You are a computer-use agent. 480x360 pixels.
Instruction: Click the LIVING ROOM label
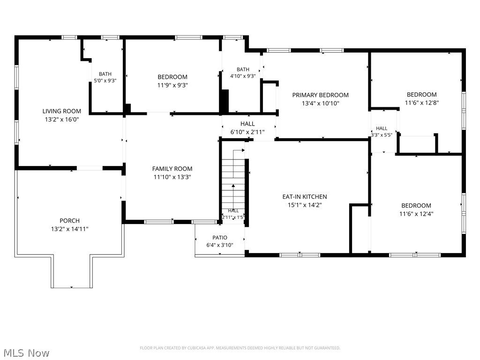point(61,111)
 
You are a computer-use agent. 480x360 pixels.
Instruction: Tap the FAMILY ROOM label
point(172,169)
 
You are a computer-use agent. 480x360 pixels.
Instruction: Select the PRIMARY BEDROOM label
point(320,95)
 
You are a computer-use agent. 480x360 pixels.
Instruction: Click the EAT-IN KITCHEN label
point(305,196)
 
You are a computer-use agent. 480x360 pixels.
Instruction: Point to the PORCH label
point(69,221)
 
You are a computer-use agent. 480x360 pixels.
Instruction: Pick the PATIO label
point(220,238)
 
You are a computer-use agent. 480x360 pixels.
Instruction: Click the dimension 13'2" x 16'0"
point(62,120)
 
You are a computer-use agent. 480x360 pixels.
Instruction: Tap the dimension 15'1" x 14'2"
point(305,205)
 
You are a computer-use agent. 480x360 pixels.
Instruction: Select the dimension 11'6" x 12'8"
point(422,103)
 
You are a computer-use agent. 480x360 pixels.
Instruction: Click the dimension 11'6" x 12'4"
point(416,214)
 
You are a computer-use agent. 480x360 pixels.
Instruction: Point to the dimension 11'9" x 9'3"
point(172,85)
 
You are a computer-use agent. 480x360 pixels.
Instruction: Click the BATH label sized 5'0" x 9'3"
point(105,74)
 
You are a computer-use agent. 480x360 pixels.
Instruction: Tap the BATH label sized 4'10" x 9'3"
point(243,69)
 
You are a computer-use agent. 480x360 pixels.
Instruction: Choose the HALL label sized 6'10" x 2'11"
point(247,124)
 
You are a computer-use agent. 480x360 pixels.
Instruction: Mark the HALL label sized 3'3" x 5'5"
point(382,128)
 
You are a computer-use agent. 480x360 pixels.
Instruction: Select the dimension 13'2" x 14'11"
point(70,229)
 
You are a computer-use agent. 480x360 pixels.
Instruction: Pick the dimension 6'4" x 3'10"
point(220,245)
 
